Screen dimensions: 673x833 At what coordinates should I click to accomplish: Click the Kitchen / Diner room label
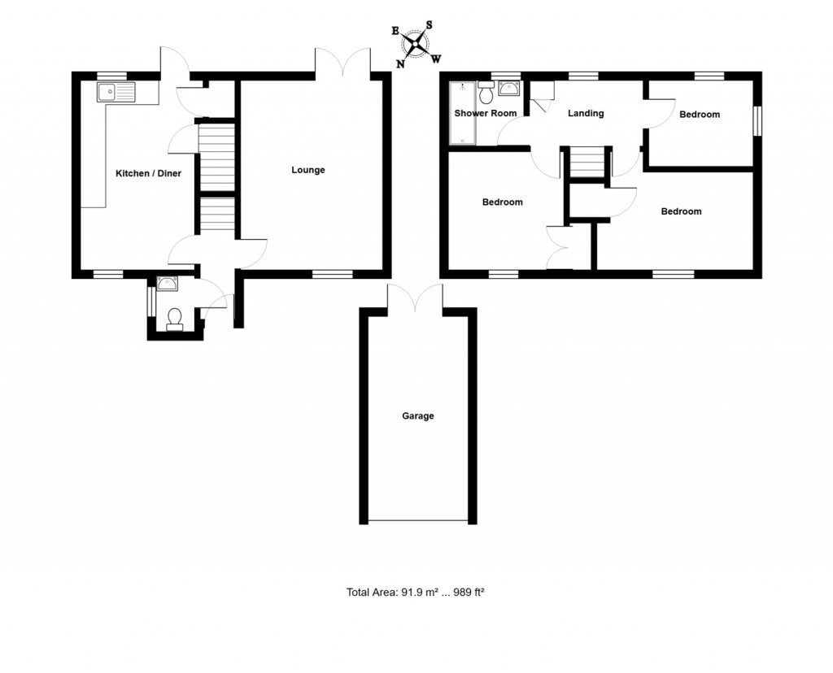click(148, 173)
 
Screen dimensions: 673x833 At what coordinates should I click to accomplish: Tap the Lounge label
click(308, 170)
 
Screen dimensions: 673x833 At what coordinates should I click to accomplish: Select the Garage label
click(418, 415)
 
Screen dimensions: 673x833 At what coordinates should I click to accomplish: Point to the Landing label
click(586, 113)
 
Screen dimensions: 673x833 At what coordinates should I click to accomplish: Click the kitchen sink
click(119, 92)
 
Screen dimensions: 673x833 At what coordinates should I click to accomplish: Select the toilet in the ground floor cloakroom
click(175, 318)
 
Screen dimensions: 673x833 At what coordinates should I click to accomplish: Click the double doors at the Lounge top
click(342, 63)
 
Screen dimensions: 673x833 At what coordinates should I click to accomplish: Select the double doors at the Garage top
click(416, 298)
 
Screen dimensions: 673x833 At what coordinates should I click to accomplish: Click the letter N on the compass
click(401, 63)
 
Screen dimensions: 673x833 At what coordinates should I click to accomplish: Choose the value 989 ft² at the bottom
click(469, 593)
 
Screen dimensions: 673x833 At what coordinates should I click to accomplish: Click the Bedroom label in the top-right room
click(700, 115)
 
